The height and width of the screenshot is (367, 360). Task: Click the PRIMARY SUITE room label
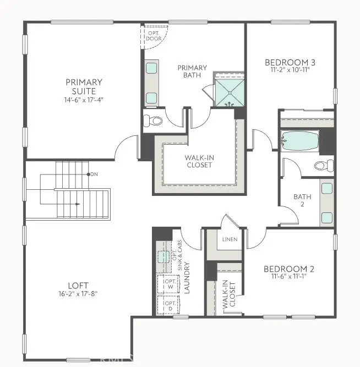pos(84,86)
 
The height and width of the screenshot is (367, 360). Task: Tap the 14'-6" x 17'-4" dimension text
pos(84,100)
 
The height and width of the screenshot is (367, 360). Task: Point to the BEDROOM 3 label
pos(290,62)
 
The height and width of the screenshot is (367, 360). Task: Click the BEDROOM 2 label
pos(288,269)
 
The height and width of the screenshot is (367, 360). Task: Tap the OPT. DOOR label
pos(153,36)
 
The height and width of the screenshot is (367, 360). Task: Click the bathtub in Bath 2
pos(299,142)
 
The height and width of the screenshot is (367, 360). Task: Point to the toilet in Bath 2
pos(323,165)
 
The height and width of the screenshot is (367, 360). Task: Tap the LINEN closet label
pos(229,240)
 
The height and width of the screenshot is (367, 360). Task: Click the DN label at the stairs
pos(94,174)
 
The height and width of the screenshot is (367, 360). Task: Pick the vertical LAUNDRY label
pos(187,277)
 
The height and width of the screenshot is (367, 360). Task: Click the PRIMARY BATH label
pos(192,72)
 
